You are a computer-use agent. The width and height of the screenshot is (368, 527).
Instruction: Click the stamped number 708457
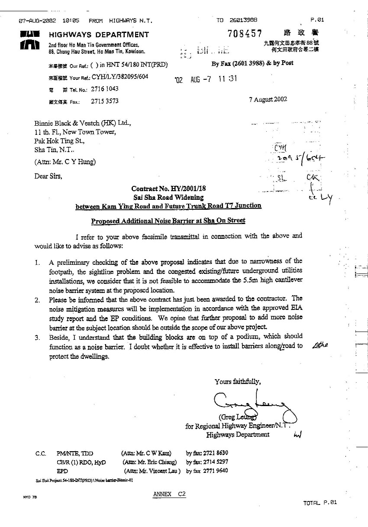pos(245,33)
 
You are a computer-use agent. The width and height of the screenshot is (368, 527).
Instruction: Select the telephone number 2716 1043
pos(104,89)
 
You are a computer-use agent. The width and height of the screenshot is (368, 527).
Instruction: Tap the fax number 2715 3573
pos(104,101)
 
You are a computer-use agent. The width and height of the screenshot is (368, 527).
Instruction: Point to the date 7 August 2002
pos(268,99)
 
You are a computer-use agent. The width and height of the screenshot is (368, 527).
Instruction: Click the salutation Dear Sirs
pos(48,176)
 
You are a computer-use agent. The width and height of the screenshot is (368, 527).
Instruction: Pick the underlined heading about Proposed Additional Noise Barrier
pos(168,221)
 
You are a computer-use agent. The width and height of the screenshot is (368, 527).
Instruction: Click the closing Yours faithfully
pos(238,382)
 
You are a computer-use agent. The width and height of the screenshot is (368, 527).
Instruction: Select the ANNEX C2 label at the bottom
pos(169,494)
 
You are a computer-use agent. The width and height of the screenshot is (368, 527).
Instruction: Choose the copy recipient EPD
pos(62,470)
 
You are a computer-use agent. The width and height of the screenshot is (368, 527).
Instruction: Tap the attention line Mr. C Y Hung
pos(65,163)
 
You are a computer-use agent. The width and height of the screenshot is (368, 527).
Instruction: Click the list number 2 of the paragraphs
pos(38,299)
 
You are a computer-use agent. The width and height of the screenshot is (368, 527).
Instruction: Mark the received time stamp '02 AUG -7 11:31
pos(206,80)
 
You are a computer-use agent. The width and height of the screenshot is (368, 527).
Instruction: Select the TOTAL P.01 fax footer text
pos(320,503)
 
